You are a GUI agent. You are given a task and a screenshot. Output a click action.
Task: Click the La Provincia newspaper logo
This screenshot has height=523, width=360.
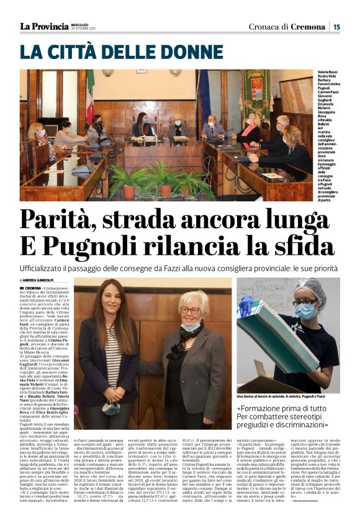pyautogui.click(x=44, y=26)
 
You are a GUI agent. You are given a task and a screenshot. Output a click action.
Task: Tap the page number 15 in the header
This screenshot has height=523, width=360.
pyautogui.click(x=336, y=26)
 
